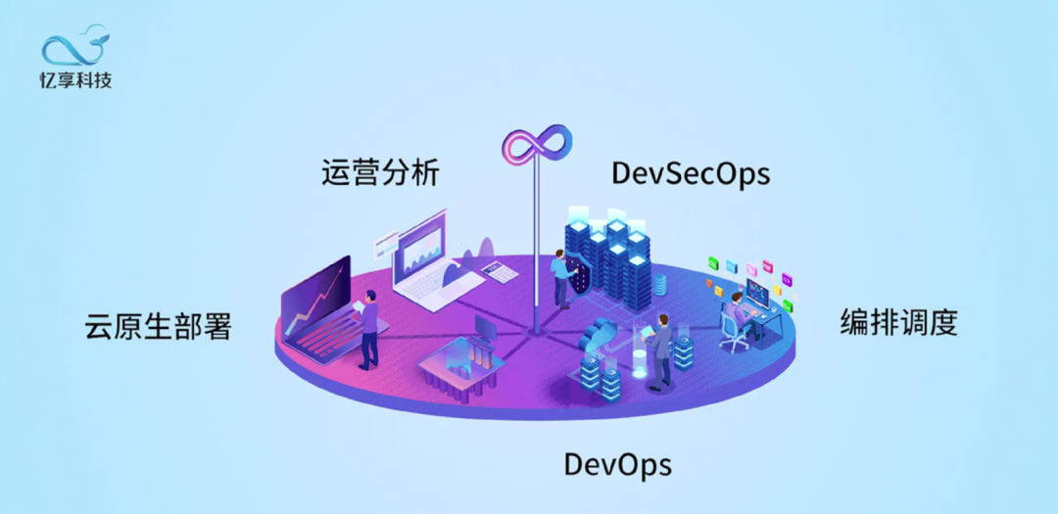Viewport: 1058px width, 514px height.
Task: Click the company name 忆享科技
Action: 75,79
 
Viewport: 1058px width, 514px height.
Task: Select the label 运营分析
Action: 380,172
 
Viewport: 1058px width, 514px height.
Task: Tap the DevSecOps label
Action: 690,173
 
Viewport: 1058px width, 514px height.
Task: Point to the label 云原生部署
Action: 159,326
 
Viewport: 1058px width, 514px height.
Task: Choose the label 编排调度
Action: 897,322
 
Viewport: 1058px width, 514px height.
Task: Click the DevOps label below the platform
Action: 617,464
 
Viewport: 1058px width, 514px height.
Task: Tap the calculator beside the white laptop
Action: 502,271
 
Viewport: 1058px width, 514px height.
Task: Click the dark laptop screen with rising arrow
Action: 315,294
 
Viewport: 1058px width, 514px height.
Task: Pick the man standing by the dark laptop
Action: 369,333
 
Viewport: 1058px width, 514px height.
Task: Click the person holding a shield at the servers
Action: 560,277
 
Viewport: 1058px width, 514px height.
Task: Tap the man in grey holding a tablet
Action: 662,348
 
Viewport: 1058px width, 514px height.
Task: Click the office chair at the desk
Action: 733,333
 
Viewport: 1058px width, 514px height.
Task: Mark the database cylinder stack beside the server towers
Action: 659,284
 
